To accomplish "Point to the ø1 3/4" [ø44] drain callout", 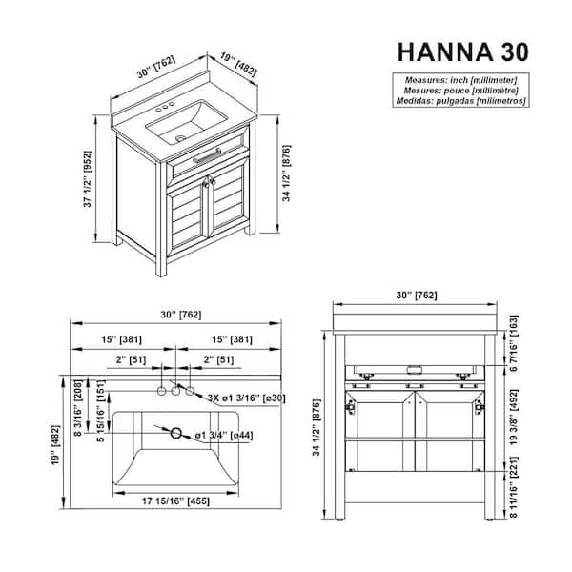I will pos(226,436).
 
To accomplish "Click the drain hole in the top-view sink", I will pos(175,433).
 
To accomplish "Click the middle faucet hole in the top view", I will pos(175,392).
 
